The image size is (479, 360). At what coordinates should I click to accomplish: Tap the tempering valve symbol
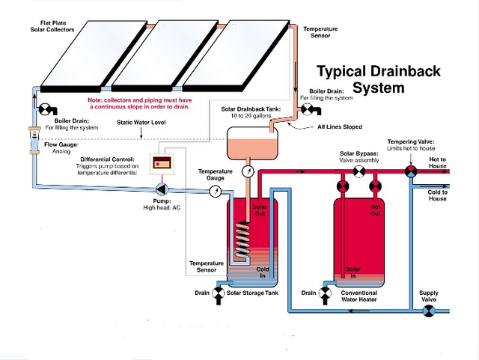pyautogui.click(x=410, y=171)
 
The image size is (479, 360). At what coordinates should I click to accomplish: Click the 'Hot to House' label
pyautogui.click(x=437, y=162)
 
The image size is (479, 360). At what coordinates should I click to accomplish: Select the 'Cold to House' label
pyautogui.click(x=437, y=195)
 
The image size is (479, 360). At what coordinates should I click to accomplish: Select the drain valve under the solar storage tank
pyautogui.click(x=219, y=293)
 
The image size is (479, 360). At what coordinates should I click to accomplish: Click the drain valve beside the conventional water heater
pyautogui.click(x=325, y=293)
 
